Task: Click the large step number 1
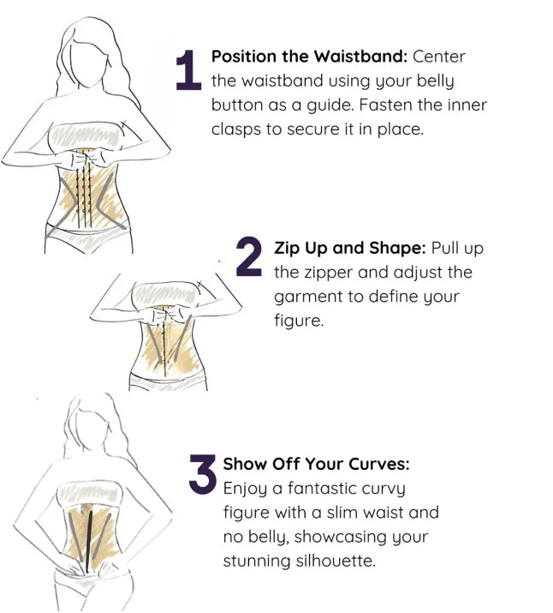[x=188, y=70]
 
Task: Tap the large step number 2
[x=248, y=256]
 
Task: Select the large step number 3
[x=203, y=473]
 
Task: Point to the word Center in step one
[x=439, y=57]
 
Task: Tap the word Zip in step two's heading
[x=287, y=249]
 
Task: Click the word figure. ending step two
[x=299, y=321]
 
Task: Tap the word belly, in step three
[x=269, y=537]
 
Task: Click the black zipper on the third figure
[x=89, y=542]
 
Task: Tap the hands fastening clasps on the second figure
[x=168, y=314]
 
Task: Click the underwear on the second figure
[x=168, y=382]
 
